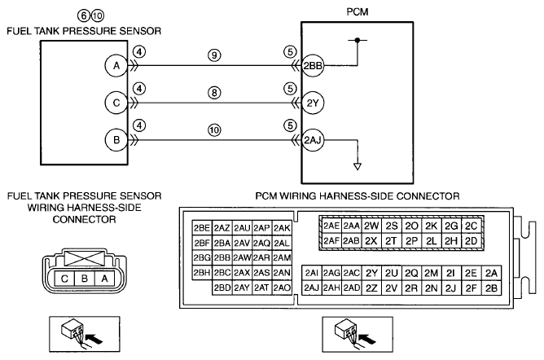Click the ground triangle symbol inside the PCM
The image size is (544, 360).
pyautogui.click(x=358, y=166)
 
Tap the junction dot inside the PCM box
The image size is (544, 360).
pyautogui.click(x=358, y=40)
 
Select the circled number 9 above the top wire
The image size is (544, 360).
pyautogui.click(x=214, y=55)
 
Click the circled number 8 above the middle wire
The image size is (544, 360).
pyautogui.click(x=214, y=93)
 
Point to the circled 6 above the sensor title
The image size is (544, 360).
pyautogui.click(x=84, y=15)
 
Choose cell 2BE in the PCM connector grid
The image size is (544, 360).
pyautogui.click(x=202, y=228)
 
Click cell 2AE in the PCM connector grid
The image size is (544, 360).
pyautogui.click(x=331, y=226)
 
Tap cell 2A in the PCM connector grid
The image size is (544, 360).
pyautogui.click(x=491, y=274)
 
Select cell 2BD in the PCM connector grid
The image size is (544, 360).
pyautogui.click(x=222, y=288)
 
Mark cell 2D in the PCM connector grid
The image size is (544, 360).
pyautogui.click(x=472, y=241)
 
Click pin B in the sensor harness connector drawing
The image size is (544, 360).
pyautogui.click(x=85, y=279)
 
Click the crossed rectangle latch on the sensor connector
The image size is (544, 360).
pyautogui.click(x=85, y=259)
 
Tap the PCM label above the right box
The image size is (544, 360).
pyautogui.click(x=358, y=11)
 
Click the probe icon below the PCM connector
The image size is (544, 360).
pyautogui.click(x=358, y=334)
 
